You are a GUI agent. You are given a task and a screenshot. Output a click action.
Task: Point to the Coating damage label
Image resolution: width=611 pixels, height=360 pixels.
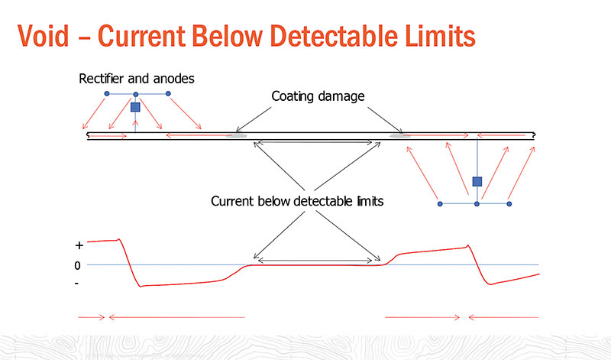tap(317, 97)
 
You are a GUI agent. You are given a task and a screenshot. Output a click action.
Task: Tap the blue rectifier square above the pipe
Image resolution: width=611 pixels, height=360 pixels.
tap(135, 108)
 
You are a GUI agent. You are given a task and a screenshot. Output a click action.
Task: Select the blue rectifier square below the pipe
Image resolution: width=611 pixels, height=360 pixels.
tap(477, 181)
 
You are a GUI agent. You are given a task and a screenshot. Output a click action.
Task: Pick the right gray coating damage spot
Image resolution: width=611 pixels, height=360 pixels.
tap(400, 137)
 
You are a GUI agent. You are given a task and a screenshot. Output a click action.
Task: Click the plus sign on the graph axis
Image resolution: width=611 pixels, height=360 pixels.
tap(79, 247)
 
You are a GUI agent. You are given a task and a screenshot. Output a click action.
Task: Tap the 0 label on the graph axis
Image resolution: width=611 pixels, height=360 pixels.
tap(78, 265)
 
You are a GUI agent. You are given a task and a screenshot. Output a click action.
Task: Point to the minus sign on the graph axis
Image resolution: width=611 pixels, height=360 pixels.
tap(78, 284)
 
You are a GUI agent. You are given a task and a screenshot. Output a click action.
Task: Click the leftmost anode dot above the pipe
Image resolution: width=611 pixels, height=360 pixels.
tap(107, 94)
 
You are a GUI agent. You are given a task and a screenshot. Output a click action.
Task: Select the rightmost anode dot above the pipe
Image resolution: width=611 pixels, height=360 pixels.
tap(168, 94)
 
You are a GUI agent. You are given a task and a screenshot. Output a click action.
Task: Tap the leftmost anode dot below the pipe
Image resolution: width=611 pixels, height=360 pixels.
tap(439, 204)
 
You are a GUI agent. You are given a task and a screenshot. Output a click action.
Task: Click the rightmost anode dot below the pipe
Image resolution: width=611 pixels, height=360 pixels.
tap(509, 204)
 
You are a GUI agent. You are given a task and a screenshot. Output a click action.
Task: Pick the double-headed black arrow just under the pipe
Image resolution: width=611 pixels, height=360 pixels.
tap(316, 142)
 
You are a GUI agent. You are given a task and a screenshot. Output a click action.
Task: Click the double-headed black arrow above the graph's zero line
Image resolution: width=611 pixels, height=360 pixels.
tap(316, 261)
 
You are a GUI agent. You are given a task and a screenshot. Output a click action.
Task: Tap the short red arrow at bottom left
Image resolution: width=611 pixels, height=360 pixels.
tap(91, 316)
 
